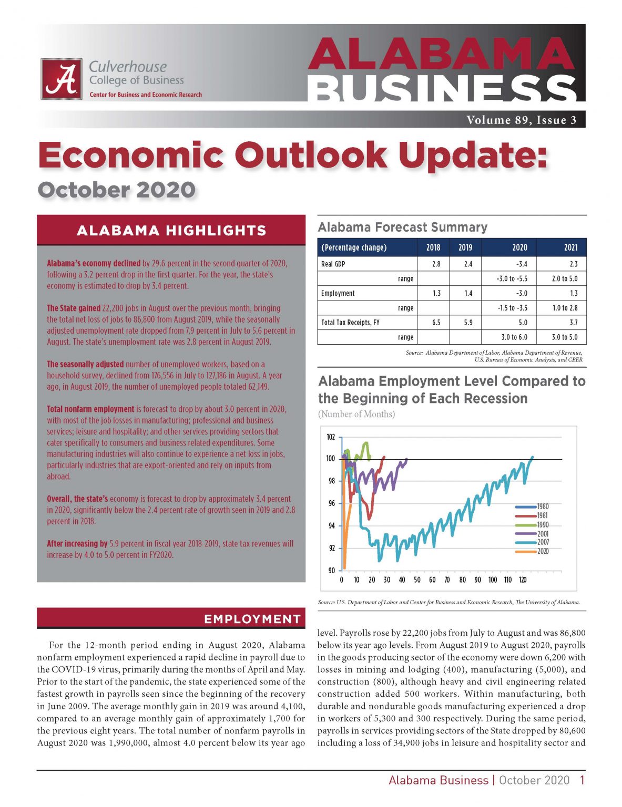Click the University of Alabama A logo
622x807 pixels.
[62, 79]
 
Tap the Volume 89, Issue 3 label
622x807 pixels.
[521, 120]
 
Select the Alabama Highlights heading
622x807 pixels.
[171, 231]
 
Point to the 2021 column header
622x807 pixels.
[570, 247]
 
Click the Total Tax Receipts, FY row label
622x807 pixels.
[350, 323]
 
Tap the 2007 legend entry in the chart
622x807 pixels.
[542, 542]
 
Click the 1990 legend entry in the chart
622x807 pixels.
[542, 525]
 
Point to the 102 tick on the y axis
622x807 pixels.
[331, 437]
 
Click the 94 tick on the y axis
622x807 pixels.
[331, 526]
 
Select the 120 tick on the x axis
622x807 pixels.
[523, 580]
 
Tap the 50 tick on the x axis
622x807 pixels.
[417, 580]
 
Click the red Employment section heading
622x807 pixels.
[252, 619]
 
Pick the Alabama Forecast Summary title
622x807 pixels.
[403, 227]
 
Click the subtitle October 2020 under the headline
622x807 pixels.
[117, 190]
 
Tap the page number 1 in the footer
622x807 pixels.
[582, 781]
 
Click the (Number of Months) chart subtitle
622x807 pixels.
[356, 414]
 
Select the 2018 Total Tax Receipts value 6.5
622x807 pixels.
[436, 323]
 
